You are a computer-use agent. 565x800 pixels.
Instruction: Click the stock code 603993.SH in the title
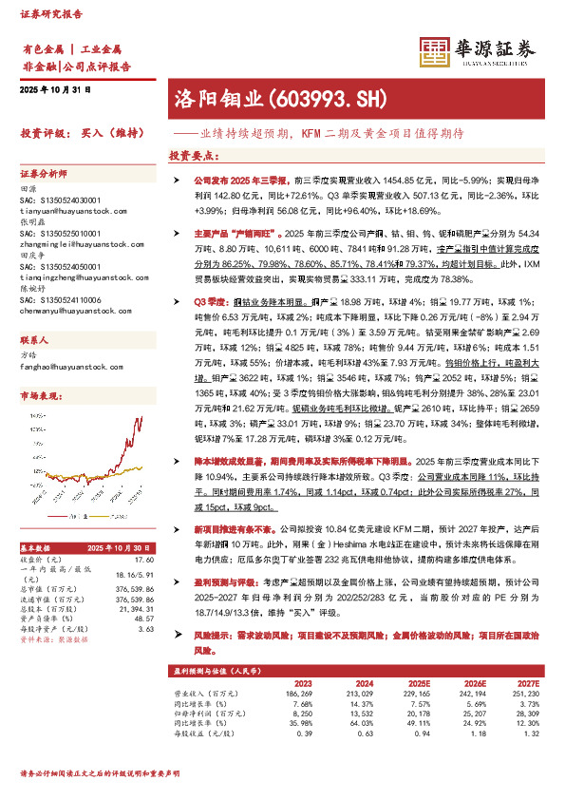tap(321, 97)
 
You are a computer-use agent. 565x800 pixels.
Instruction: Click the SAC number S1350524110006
tap(61, 298)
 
